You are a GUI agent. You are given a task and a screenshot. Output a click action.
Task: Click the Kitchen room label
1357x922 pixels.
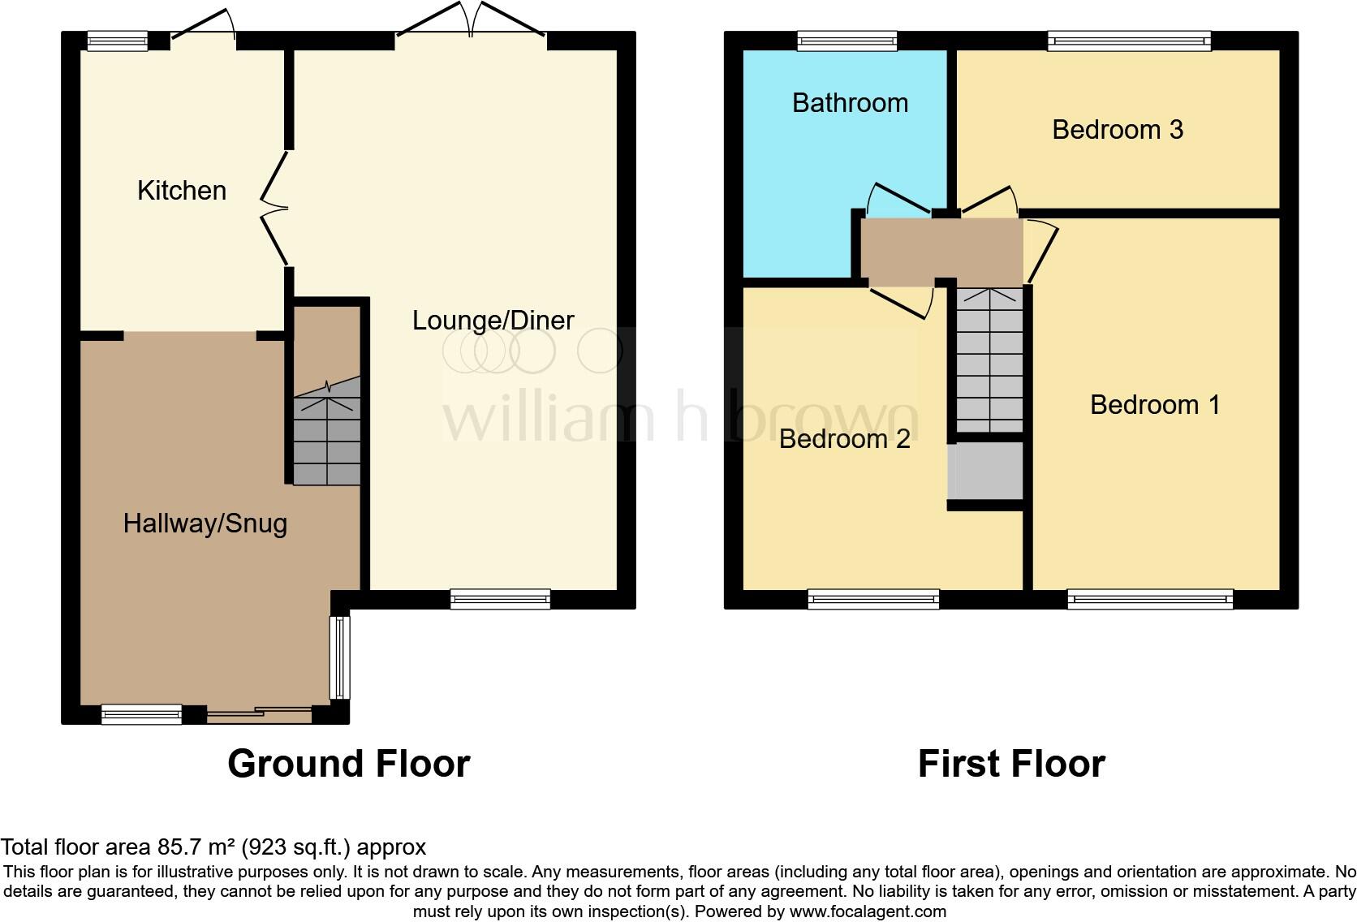pyautogui.click(x=182, y=191)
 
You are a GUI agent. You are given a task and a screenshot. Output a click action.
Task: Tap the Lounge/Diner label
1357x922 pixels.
pyautogui.click(x=493, y=321)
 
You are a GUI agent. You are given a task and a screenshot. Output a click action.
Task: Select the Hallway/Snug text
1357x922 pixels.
pyautogui.click(x=205, y=523)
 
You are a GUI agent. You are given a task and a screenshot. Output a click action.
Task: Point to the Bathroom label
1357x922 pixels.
pyautogui.click(x=850, y=103)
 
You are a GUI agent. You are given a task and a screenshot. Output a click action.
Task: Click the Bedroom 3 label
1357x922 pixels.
pyautogui.click(x=1117, y=130)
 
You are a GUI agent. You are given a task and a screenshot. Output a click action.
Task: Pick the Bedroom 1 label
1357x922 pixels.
pyautogui.click(x=1154, y=405)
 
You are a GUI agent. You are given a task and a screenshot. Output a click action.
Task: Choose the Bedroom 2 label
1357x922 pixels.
pyautogui.click(x=844, y=439)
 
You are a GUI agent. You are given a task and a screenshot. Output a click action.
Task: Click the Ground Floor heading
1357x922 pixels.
pyautogui.click(x=348, y=764)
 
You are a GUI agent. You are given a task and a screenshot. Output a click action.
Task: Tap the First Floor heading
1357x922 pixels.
pyautogui.click(x=1010, y=764)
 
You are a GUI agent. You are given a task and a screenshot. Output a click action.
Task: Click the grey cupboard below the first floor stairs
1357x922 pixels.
pyautogui.click(x=986, y=471)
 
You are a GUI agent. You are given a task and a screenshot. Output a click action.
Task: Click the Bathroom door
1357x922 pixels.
pyautogui.click(x=897, y=199)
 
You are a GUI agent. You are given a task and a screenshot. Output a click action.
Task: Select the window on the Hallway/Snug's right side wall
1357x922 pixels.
pyautogui.click(x=339, y=657)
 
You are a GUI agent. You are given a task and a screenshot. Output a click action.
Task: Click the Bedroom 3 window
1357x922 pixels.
pyautogui.click(x=1128, y=41)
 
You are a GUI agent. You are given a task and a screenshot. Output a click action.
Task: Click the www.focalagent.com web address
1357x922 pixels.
pyautogui.click(x=867, y=911)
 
